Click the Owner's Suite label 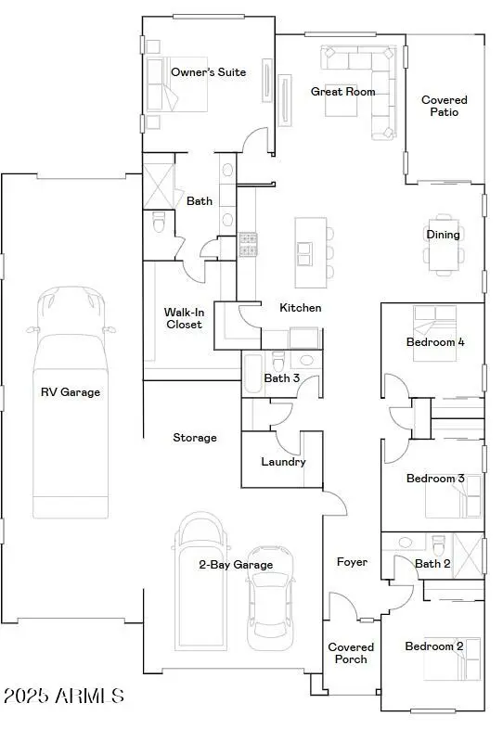(209, 72)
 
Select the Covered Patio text (445, 106)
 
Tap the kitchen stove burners (248, 244)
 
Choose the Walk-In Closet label (183, 318)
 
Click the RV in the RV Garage (70, 399)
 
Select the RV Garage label (70, 392)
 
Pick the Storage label (195, 437)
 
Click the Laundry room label (283, 462)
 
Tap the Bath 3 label (281, 377)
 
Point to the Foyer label (352, 562)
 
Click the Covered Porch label (352, 653)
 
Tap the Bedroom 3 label (435, 479)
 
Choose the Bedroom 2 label (434, 646)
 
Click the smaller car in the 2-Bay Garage (269, 607)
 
